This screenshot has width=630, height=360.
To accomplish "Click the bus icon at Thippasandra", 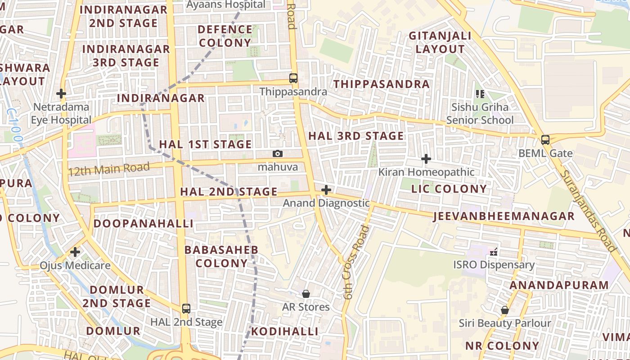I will point(293,78).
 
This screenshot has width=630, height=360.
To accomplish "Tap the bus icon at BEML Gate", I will point(545,139).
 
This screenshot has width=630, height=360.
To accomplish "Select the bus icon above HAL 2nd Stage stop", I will point(186,309).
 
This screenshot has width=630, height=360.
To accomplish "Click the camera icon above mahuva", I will point(278,154).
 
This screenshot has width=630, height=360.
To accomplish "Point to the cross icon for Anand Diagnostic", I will point(326,190).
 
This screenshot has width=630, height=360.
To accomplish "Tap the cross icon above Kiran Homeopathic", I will point(426,159).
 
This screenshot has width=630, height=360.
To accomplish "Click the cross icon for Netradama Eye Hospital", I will point(61,94).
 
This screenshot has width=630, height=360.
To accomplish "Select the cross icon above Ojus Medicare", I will point(75,252).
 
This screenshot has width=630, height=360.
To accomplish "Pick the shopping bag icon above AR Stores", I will point(306,294).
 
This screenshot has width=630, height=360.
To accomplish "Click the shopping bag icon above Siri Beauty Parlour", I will point(505,310).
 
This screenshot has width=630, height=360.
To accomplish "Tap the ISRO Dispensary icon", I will point(494,252).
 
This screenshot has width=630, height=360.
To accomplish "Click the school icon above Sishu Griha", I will point(480,94).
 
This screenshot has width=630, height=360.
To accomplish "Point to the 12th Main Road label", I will point(108,170).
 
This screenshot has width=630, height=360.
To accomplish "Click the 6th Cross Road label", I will point(356,262).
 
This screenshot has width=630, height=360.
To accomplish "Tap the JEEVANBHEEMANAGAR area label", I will point(504,216).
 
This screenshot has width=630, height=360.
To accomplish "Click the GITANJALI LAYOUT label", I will point(440,42).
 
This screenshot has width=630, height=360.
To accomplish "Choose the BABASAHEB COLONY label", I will point(221,256).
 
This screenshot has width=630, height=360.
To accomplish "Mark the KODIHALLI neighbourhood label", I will point(284,332).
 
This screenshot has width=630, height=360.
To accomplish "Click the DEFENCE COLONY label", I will point(225,36).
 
